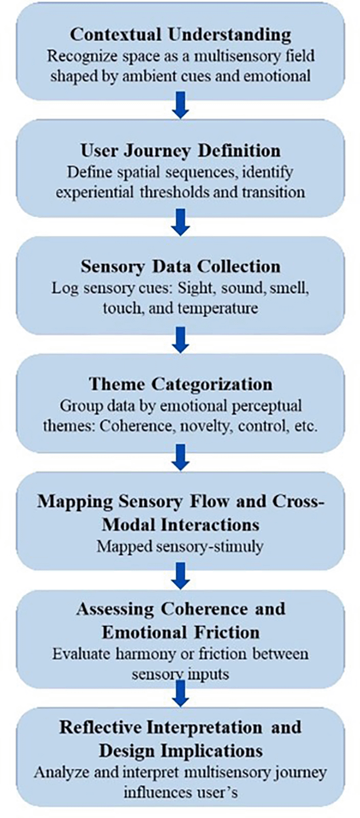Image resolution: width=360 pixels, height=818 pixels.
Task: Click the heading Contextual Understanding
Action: point(180,35)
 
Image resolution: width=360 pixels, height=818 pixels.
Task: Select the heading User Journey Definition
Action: point(180,150)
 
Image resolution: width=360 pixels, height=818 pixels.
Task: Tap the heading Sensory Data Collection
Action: point(180,266)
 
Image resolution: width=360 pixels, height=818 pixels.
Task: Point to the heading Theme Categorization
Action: point(180,384)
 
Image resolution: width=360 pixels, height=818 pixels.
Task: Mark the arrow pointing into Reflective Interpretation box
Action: point(180,694)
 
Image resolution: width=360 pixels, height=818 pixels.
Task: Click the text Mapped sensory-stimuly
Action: point(180,546)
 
